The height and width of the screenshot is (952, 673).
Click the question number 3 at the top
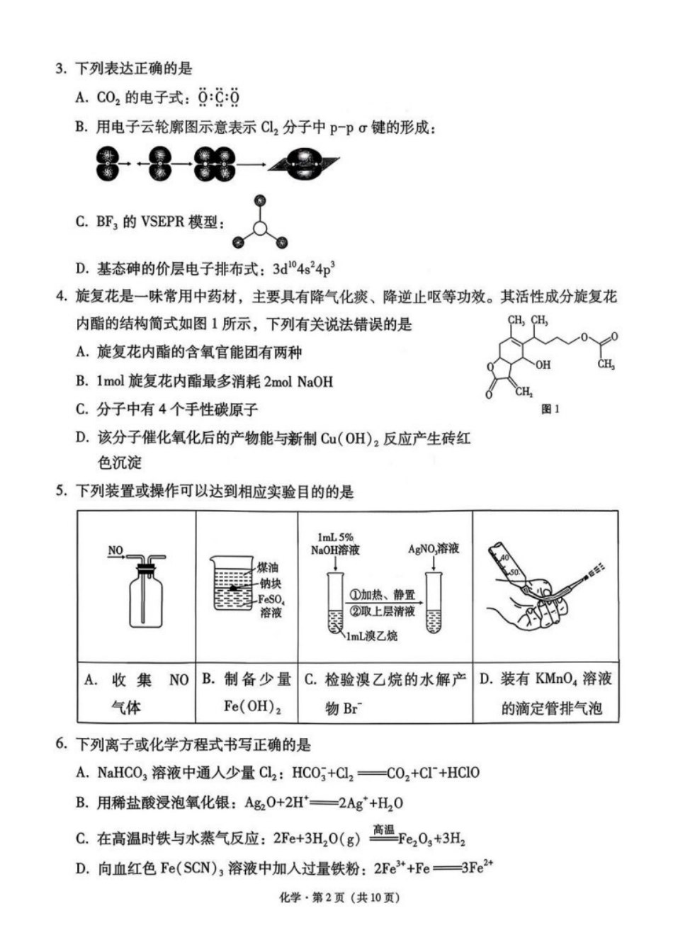[60, 69]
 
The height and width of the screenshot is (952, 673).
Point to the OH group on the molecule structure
[543, 365]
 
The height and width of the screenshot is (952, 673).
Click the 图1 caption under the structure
[550, 409]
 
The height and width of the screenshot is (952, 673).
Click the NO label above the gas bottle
[115, 550]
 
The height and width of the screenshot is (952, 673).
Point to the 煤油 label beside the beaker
[268, 567]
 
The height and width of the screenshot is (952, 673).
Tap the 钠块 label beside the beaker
[270, 583]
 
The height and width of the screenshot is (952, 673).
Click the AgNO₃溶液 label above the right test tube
[434, 548]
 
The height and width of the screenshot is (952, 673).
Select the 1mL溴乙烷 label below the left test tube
[371, 636]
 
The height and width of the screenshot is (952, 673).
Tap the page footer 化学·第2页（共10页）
[336, 898]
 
